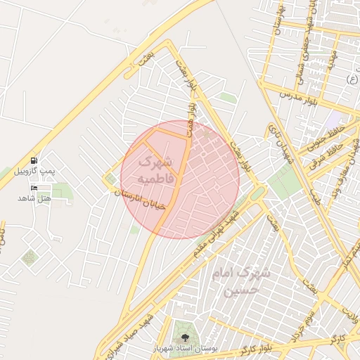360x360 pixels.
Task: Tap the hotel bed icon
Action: tap(34, 188)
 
